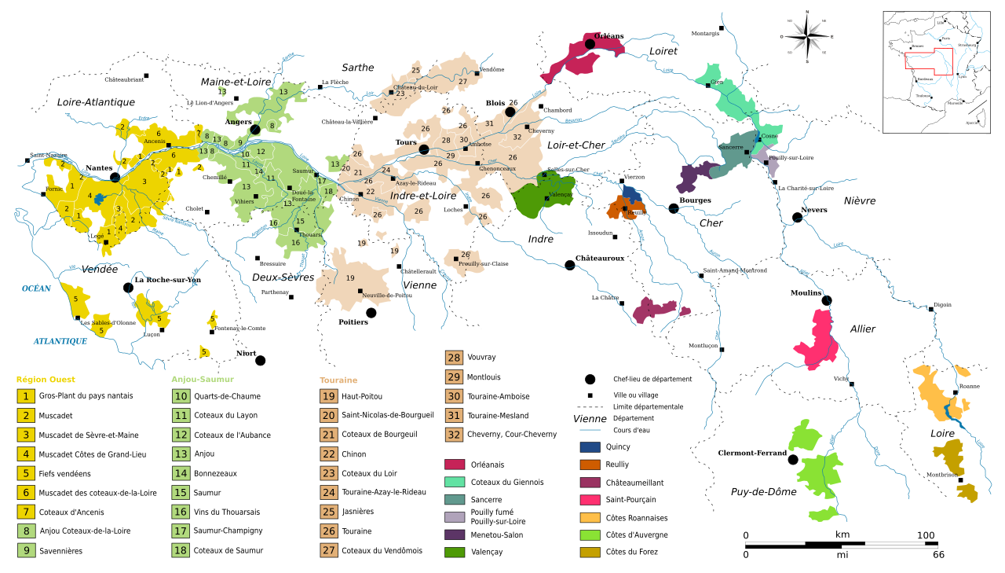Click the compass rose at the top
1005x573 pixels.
coord(807,35)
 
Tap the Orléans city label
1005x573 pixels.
coord(608,36)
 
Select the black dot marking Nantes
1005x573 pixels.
coord(115,178)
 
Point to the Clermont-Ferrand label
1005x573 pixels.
coord(752,453)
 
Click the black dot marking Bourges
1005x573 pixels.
coord(674,208)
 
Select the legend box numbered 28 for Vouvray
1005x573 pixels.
coord(454,358)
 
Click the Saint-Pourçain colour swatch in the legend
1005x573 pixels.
coord(587,500)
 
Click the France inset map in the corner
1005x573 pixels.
coord(939,72)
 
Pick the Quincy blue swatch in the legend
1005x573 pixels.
coord(587,447)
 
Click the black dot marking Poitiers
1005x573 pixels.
coord(371,313)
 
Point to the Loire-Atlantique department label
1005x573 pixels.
coord(96,102)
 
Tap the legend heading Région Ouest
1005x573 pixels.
coord(46,380)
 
